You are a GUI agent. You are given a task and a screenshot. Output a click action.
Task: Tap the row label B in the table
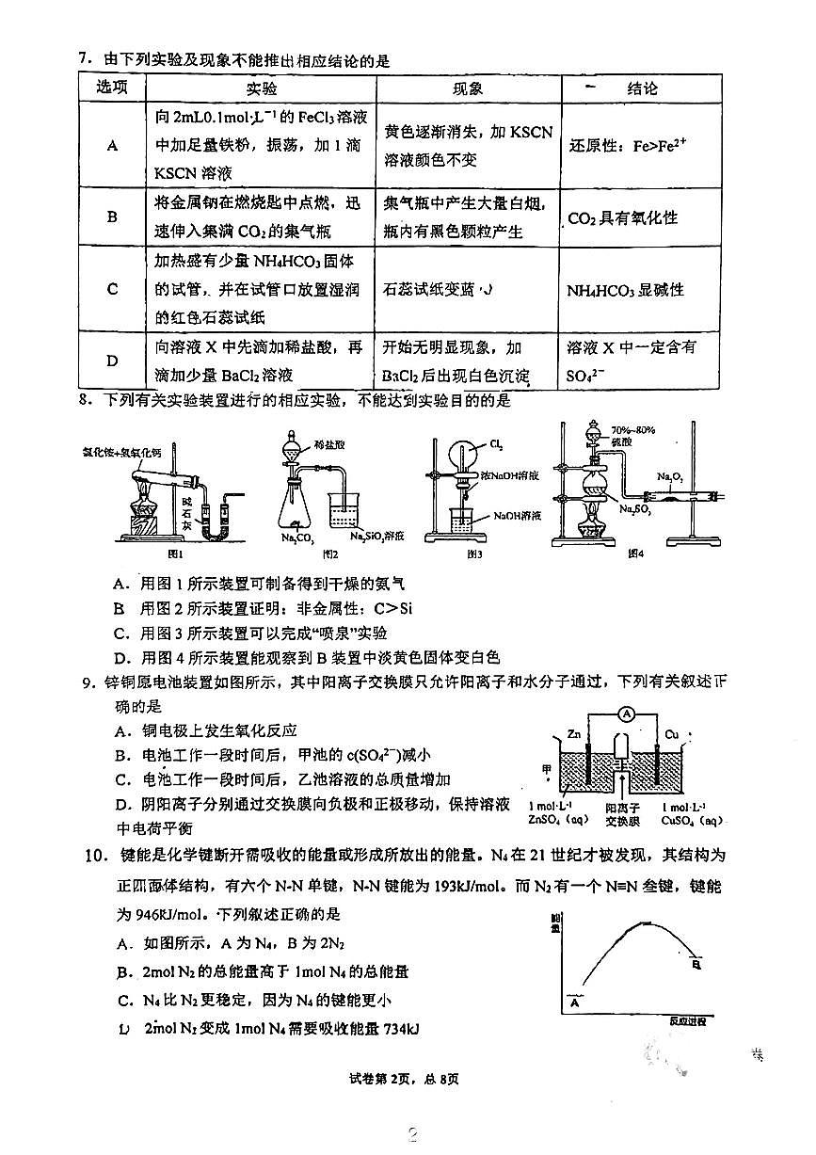coord(112,217)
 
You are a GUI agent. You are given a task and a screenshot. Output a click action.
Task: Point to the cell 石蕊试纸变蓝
coord(440,289)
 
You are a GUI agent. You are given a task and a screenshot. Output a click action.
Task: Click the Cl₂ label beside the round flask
coord(496,443)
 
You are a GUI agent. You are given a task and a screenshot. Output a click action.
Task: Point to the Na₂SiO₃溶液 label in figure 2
coord(376,536)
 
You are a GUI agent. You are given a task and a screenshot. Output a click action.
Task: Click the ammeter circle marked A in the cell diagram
coord(626,714)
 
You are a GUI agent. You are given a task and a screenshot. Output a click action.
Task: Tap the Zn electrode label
coord(576,731)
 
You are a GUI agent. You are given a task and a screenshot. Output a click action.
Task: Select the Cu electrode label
coord(670,731)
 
